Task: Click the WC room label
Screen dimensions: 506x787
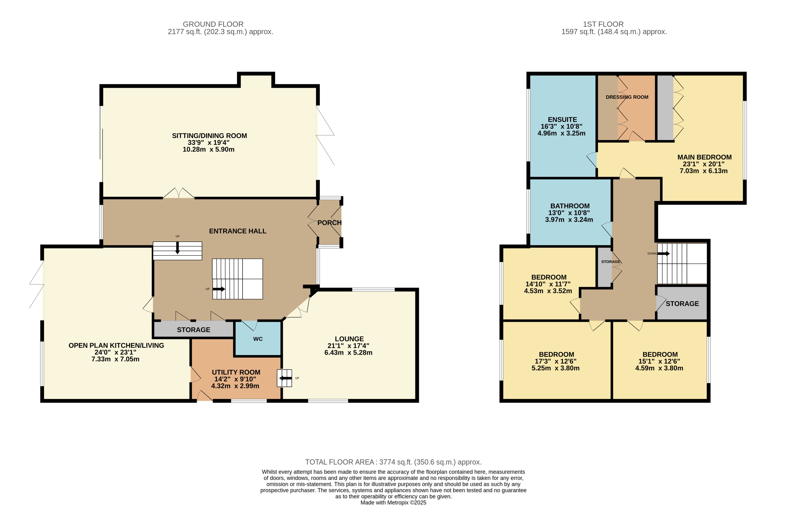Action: [258, 339]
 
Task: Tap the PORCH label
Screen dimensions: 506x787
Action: [329, 223]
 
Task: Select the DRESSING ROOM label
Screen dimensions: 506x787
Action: [627, 97]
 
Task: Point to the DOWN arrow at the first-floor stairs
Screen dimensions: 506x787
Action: [663, 253]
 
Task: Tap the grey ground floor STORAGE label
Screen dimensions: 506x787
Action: [193, 329]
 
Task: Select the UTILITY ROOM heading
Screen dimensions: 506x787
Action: [236, 372]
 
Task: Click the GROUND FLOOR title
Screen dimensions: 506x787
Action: [213, 24]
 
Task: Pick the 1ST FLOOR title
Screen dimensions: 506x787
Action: [603, 24]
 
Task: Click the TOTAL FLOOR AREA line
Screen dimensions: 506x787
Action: [393, 462]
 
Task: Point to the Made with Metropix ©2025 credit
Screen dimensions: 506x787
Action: [393, 502]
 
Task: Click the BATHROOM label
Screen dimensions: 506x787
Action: [570, 206]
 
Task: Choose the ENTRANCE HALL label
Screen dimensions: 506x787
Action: [237, 231]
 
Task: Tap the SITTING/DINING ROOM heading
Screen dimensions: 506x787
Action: [209, 136]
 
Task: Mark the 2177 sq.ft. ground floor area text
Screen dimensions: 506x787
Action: [220, 32]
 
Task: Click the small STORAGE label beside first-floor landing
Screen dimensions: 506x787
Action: [610, 262]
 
